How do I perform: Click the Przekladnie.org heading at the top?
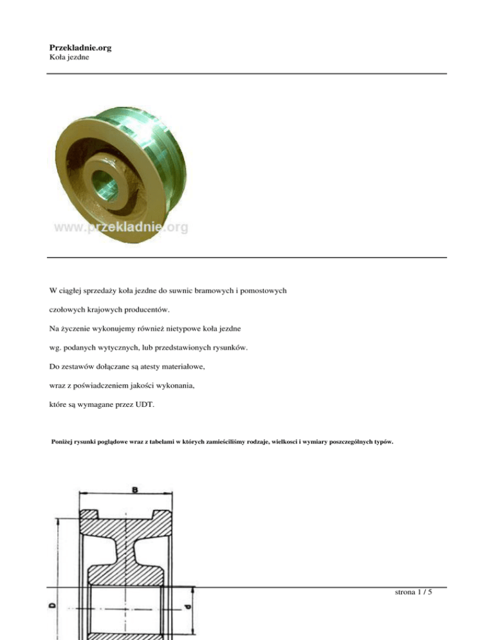[80, 47]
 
